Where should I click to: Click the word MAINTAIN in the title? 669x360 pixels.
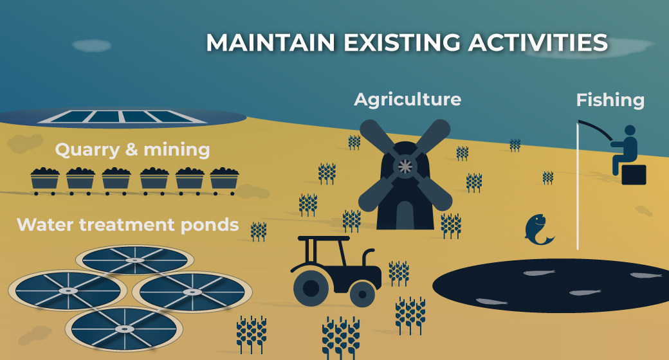(x=271, y=42)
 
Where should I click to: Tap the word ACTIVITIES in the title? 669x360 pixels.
(x=538, y=42)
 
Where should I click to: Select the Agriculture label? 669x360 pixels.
(x=407, y=100)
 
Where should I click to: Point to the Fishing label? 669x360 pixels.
(x=610, y=100)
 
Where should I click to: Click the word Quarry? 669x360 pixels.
(x=87, y=150)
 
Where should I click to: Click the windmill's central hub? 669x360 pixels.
(x=405, y=166)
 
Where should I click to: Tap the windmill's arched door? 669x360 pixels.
(x=405, y=215)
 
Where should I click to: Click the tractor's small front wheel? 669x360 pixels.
(x=362, y=294)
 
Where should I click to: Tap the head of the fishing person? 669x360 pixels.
(x=629, y=130)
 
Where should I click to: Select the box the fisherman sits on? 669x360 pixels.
(x=634, y=174)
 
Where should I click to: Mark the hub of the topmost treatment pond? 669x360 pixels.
(x=135, y=260)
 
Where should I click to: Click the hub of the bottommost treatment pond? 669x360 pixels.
(x=124, y=329)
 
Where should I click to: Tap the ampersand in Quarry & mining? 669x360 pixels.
(x=131, y=150)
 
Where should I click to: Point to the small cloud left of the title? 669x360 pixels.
(x=92, y=46)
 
